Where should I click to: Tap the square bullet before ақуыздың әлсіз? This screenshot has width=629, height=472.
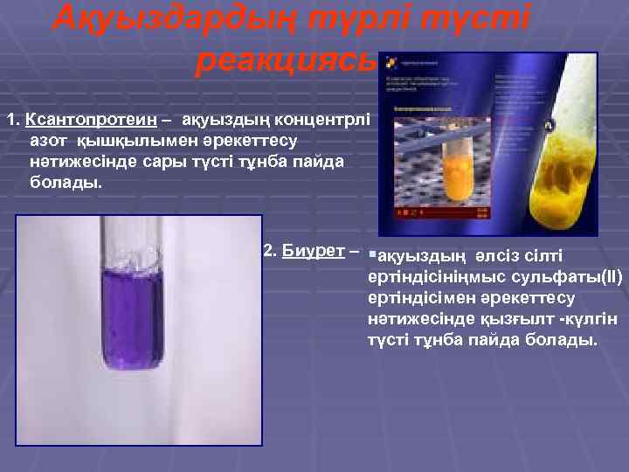click(x=372, y=254)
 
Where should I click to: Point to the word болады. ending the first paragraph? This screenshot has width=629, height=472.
click(x=66, y=184)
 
